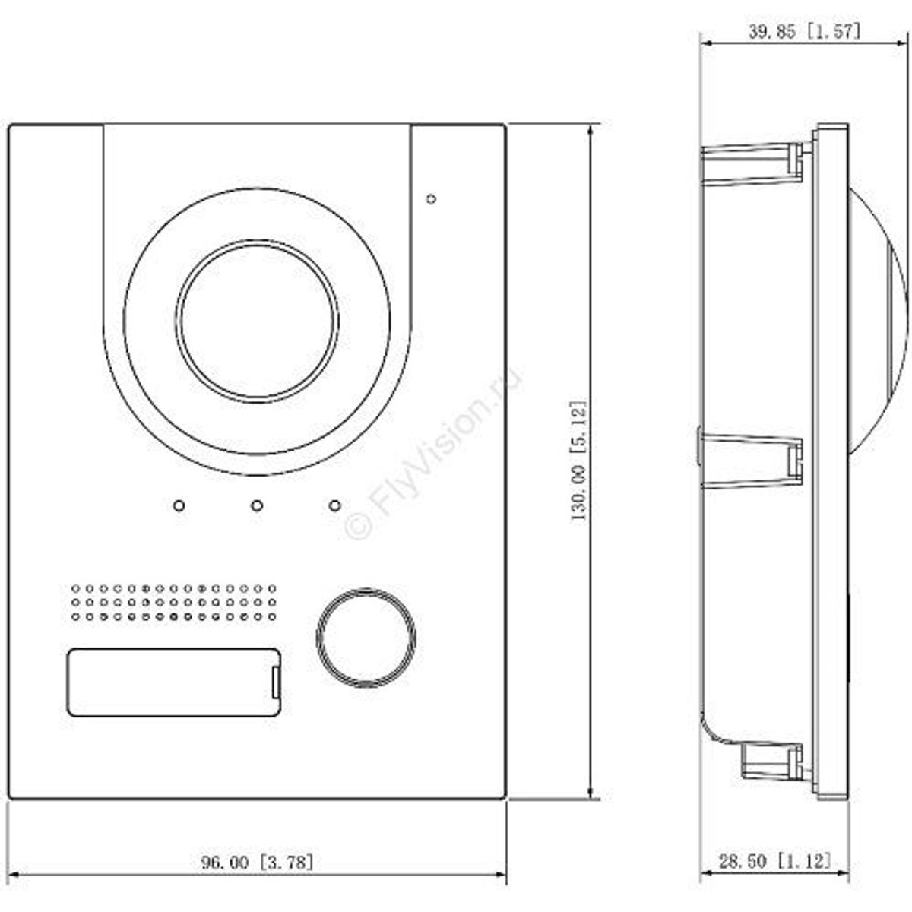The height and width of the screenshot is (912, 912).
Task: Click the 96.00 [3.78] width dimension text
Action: pyautogui.click(x=257, y=862)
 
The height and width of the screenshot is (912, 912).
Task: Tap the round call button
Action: pyautogui.click(x=366, y=638)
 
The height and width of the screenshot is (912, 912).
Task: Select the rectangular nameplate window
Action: pyautogui.click(x=173, y=682)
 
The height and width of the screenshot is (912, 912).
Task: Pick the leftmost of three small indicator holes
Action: pyautogui.click(x=179, y=505)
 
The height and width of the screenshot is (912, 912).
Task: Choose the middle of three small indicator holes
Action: pyautogui.click(x=257, y=505)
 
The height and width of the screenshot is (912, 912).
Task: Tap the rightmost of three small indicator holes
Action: pyautogui.click(x=334, y=505)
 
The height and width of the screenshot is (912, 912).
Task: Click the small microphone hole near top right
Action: pyautogui.click(x=431, y=199)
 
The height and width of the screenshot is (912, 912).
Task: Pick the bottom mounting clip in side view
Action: pyautogui.click(x=771, y=762)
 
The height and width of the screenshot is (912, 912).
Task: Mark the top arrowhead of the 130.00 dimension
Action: pyautogui.click(x=591, y=129)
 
